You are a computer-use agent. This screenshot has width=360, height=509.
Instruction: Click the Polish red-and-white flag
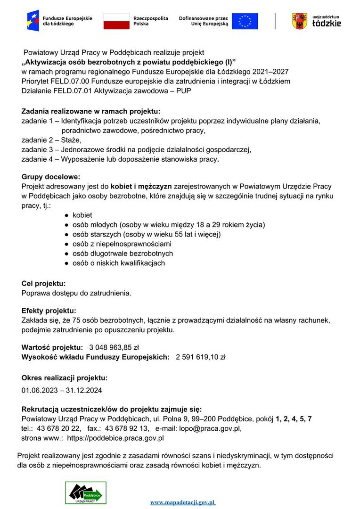116,21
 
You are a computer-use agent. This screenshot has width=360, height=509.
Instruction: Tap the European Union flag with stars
245,21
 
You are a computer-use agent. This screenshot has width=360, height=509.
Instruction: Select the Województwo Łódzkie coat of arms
300,21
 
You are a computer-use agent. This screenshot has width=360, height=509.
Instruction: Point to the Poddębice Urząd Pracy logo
85,493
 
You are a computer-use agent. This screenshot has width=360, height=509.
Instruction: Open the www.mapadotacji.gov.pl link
182,502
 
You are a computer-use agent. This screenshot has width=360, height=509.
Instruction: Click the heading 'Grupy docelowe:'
51,177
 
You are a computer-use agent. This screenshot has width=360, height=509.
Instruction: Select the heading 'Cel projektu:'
43,284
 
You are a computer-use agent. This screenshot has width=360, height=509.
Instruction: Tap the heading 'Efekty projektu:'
49,311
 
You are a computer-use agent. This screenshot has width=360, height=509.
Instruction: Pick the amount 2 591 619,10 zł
201,357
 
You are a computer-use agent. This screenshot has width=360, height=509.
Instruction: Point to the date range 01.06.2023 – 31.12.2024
62,390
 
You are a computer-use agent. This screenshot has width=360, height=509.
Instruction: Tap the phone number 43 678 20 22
58,428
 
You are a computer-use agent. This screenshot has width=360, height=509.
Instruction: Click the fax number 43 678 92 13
127,428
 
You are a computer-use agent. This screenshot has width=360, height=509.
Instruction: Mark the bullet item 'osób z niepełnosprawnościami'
122,244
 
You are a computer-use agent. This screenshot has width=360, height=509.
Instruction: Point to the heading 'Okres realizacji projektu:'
65,378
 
